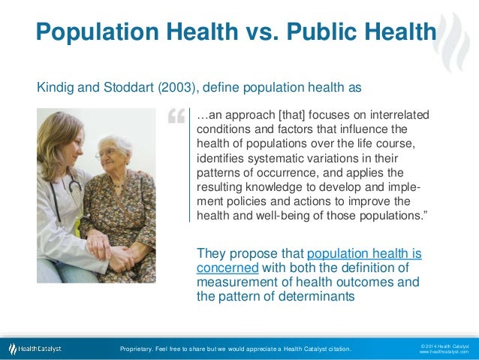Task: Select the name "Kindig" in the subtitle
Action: pos(56,88)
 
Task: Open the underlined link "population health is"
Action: pos(364,254)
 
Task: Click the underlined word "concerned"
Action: pos(227,268)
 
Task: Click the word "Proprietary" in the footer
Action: pos(139,349)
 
